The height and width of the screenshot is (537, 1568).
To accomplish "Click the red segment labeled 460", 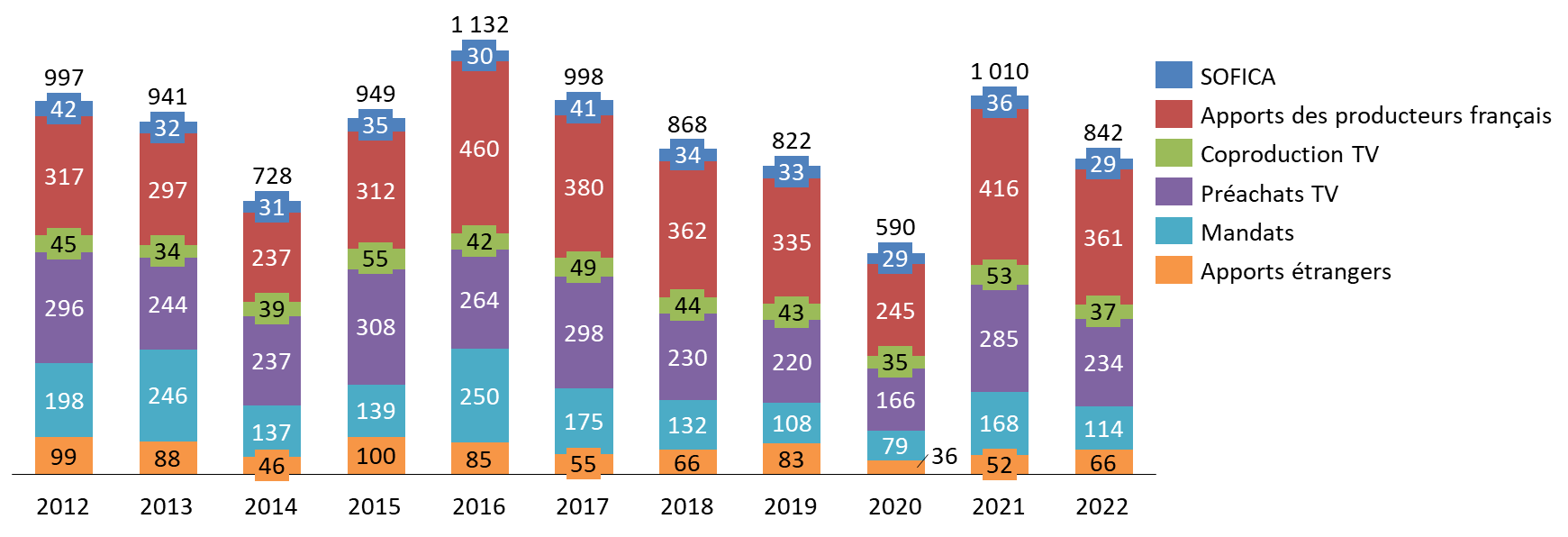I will [x=479, y=148].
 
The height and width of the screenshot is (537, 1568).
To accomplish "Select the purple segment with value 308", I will [x=376, y=327].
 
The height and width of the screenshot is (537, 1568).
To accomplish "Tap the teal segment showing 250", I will [x=479, y=396].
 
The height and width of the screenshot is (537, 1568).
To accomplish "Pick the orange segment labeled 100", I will [x=376, y=456].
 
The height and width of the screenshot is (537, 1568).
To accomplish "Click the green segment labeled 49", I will [x=584, y=267].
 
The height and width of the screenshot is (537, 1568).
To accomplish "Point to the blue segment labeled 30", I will [x=479, y=56].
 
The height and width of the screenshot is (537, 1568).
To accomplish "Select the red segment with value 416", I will [x=999, y=187].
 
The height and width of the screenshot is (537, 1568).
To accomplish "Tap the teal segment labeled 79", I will [x=895, y=445].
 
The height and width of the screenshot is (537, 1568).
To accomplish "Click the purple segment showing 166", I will [x=895, y=399].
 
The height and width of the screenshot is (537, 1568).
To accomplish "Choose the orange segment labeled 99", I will [x=63, y=456].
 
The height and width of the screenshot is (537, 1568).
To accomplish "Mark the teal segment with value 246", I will [x=168, y=395].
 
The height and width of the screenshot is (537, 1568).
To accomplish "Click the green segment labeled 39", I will [x=271, y=309].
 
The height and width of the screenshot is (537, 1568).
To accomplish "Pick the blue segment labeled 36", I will [x=999, y=103].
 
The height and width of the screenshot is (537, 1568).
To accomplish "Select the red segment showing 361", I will [x=1103, y=237].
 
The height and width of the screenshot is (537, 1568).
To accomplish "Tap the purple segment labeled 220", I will [x=792, y=361].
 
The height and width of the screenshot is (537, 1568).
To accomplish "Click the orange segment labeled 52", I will [x=999, y=465].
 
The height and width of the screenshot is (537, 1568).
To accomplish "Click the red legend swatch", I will [x=1174, y=114].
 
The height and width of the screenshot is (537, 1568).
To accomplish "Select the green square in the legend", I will [x=1174, y=152].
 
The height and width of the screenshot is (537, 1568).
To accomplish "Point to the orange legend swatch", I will [x=1174, y=269].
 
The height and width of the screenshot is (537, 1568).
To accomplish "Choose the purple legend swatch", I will [x=1174, y=191].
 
